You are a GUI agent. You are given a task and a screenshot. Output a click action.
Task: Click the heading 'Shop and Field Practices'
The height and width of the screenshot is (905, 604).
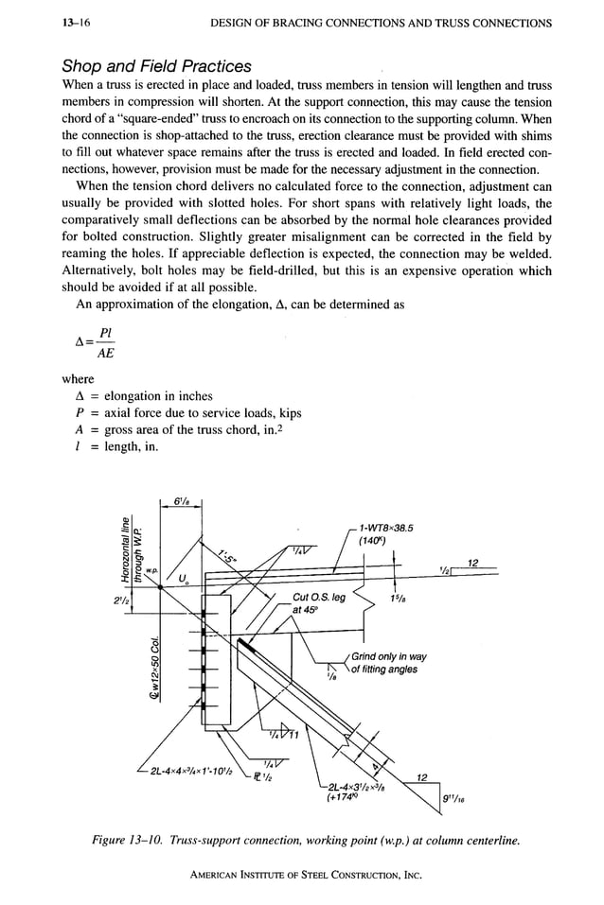pyautogui.click(x=156, y=66)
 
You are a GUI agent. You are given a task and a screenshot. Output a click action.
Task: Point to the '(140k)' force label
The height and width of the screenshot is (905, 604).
pyautogui.click(x=373, y=543)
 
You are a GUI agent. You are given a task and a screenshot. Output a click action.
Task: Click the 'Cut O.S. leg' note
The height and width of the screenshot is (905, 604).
pyautogui.click(x=319, y=598)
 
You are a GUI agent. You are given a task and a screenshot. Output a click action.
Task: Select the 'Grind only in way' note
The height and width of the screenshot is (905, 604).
pyautogui.click(x=389, y=657)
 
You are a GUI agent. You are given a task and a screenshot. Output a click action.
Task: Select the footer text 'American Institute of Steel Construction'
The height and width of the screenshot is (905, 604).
pyautogui.click(x=301, y=874)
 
